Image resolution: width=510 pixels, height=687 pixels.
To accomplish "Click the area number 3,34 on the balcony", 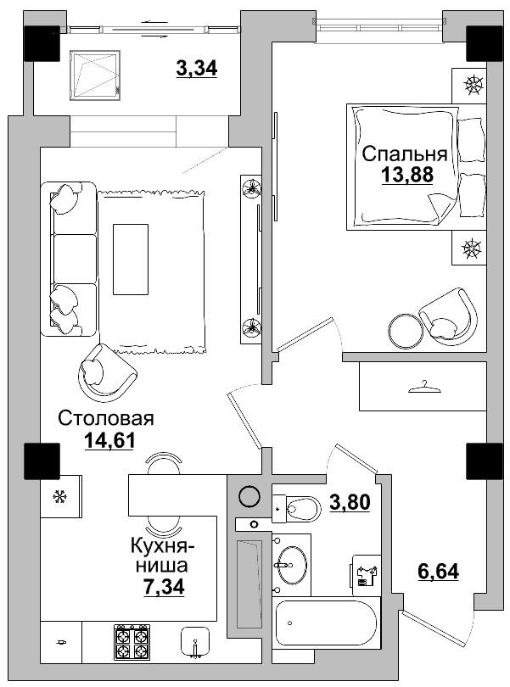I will (197, 69).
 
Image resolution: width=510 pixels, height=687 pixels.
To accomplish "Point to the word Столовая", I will (106, 417).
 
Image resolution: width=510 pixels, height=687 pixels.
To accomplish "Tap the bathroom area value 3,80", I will (350, 502).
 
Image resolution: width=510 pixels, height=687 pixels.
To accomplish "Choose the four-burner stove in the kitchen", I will (132, 642).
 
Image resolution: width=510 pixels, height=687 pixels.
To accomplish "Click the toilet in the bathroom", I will (297, 508).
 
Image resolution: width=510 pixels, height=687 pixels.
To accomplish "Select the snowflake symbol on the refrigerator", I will (60, 496).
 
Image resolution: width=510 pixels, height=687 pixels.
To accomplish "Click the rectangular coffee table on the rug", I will (130, 259).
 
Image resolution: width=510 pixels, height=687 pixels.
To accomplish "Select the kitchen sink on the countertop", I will (196, 643).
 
